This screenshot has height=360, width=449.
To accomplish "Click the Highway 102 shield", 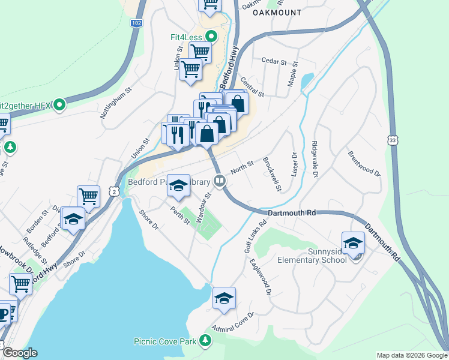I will click(137, 22).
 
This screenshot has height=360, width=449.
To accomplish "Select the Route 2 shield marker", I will click(113, 191).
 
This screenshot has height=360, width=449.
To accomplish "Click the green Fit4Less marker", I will click(211, 37).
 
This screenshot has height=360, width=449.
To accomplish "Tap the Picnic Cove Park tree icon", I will click(206, 341).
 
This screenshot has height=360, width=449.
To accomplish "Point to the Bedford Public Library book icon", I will click(220, 181).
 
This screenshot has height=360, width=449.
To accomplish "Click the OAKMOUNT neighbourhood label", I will click(277, 12).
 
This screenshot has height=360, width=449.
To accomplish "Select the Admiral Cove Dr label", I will click(234, 322).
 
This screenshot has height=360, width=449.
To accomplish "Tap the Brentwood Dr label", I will click(364, 163).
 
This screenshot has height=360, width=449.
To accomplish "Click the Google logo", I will click(19, 353).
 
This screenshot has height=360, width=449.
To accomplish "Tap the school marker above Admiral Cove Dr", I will click(224, 298).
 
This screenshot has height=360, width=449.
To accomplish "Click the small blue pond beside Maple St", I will click(307, 80).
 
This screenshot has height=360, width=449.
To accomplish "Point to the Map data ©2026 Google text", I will click(411, 355).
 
